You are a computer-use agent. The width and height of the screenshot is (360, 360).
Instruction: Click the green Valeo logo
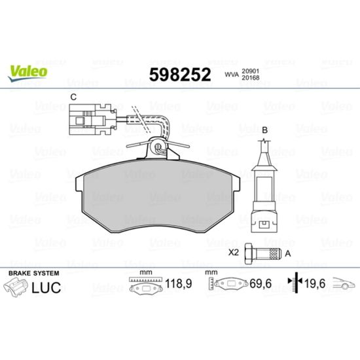(27, 73)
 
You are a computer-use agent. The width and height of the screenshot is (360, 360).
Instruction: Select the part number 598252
(180, 75)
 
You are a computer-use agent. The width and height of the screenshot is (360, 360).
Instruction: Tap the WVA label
(232, 75)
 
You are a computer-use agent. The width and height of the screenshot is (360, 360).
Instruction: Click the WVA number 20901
(250, 71)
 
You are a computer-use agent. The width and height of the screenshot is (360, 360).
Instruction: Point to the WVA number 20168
(250, 78)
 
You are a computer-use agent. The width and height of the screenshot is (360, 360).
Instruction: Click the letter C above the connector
(73, 97)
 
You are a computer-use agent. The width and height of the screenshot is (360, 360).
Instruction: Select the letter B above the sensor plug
(264, 130)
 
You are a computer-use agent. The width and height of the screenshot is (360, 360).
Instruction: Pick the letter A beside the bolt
(288, 254)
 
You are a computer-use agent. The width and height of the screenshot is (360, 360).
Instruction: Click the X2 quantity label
(234, 253)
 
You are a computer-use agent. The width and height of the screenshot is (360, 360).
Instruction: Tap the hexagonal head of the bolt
(249, 253)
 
